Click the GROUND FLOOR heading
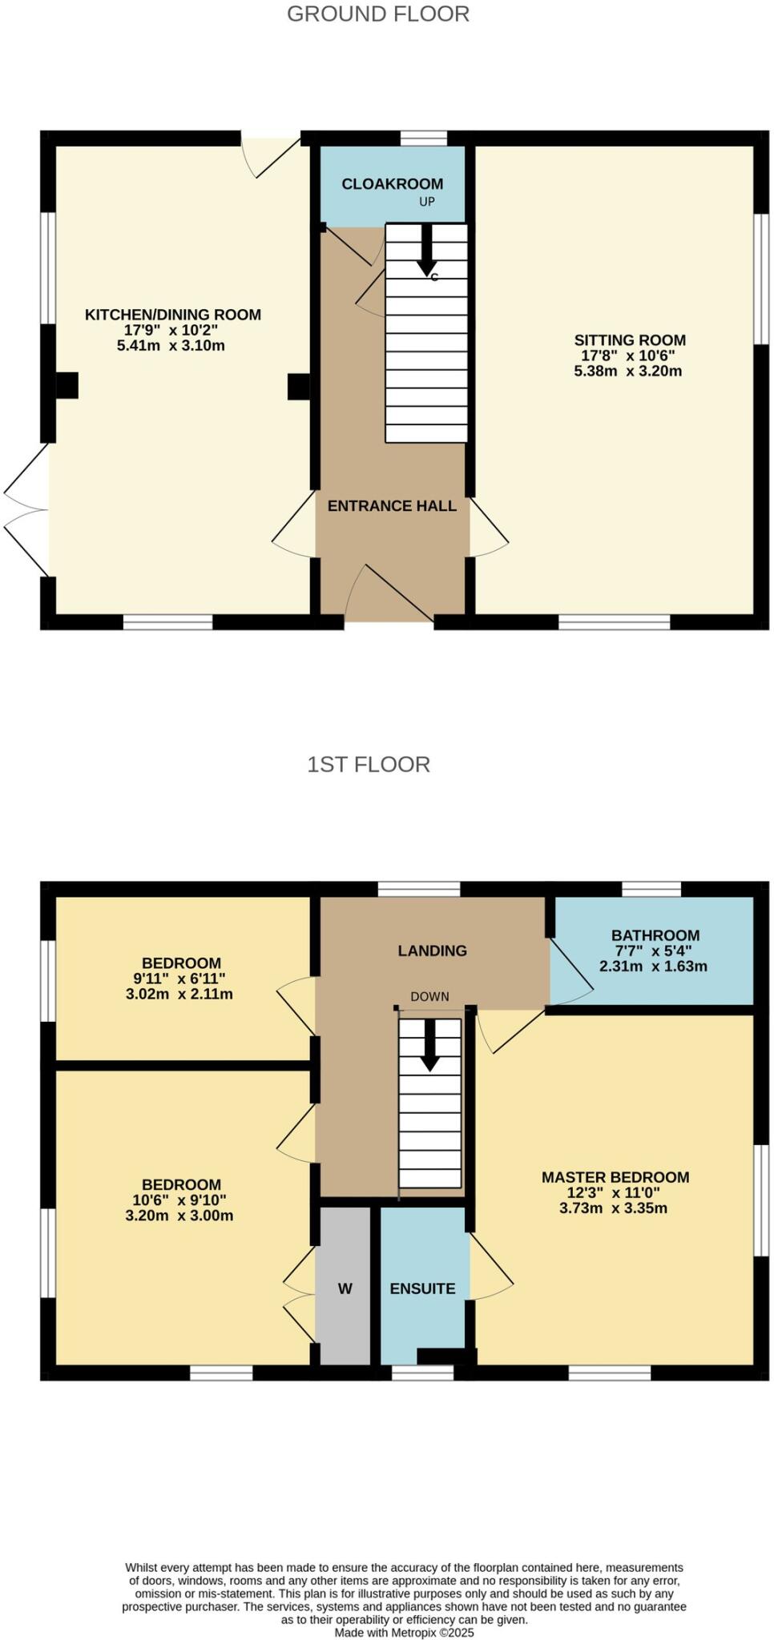[x=377, y=14]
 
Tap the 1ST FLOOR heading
[x=369, y=764]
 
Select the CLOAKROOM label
[x=392, y=183]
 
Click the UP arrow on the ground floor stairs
[x=427, y=247]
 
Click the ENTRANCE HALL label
[x=392, y=505]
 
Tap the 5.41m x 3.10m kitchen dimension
[x=171, y=346]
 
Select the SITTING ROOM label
[x=630, y=340]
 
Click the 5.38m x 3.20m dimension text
[x=627, y=371]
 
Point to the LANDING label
[x=432, y=951]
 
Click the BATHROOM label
[x=655, y=935]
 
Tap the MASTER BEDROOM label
[x=615, y=1176]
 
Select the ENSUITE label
[x=422, y=1288]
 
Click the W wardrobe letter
[x=345, y=1288]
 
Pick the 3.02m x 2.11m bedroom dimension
[x=179, y=994]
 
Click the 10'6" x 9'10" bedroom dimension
[x=179, y=1200]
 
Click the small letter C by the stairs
[x=434, y=278]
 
